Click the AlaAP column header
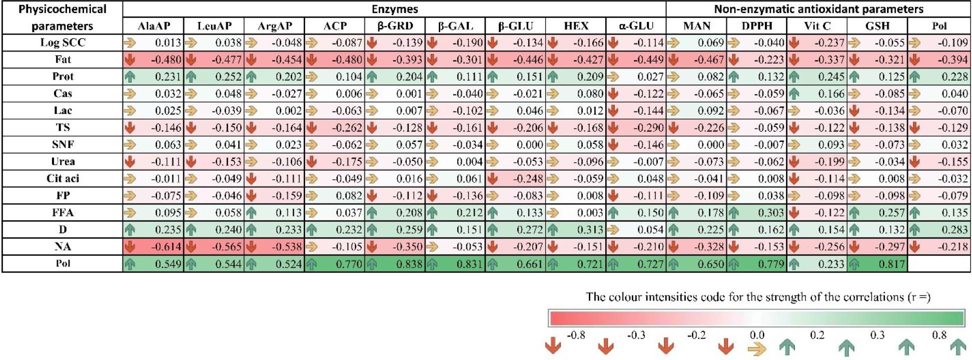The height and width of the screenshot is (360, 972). point(154,26)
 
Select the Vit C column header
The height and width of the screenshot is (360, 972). point(817,26)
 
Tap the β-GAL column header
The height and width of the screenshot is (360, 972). point(455,26)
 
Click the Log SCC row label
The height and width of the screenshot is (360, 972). point(63,42)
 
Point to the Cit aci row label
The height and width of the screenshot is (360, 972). point(63,178)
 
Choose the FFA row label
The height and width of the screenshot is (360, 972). point(63,212)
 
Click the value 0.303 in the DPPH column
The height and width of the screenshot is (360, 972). point(771,212)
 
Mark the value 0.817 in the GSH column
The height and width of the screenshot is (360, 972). point(891,264)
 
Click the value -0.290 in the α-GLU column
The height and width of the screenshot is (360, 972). point(648,127)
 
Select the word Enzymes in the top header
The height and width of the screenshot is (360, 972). point(395,9)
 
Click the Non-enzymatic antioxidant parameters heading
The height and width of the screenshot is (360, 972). point(818,9)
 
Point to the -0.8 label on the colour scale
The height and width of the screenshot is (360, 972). point(576,335)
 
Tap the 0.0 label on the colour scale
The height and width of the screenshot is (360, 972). point(757,335)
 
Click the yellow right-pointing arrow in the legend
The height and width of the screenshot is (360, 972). point(757,348)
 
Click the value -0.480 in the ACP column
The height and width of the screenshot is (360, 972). point(347,59)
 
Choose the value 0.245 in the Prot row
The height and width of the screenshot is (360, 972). point(831,76)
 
